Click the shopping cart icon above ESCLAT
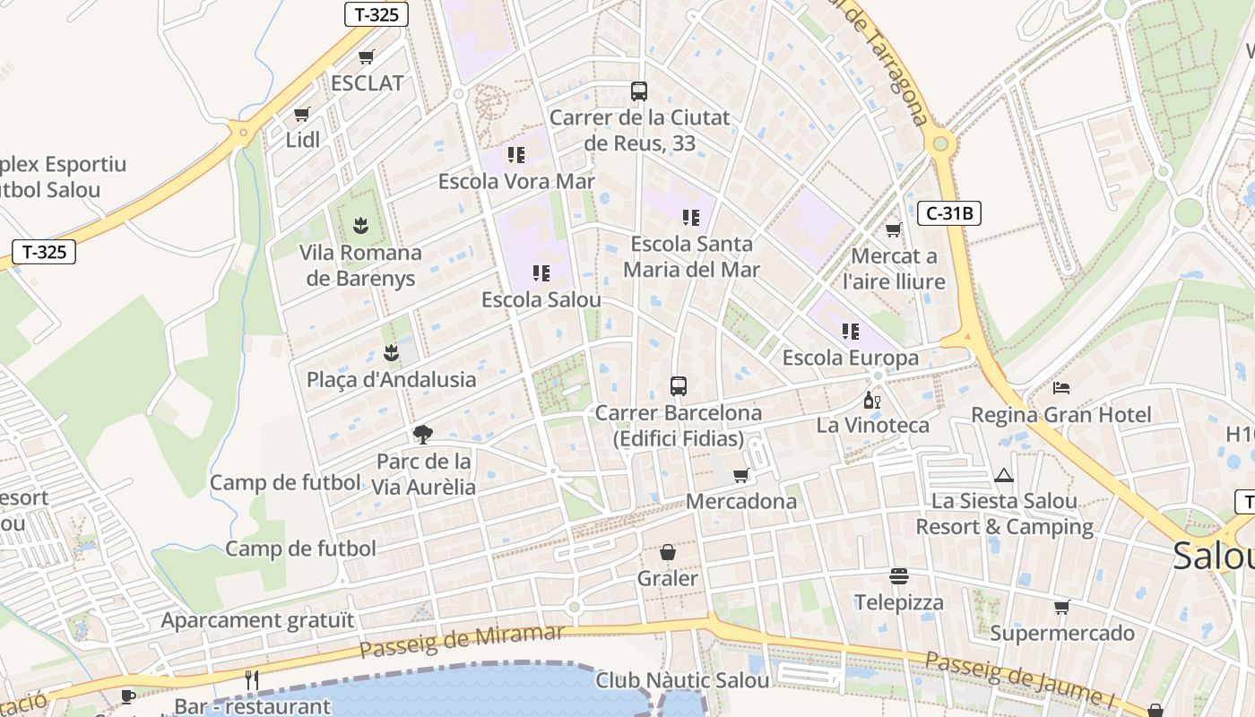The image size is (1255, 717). [366, 57]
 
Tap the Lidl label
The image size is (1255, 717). [302, 140]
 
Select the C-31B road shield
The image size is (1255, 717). [949, 213]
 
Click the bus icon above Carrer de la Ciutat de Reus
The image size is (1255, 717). [638, 91]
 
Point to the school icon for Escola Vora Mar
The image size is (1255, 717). [515, 155]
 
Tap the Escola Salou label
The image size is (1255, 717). [541, 299]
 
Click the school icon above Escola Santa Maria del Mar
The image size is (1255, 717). [690, 218]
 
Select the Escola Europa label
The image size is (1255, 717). [850, 358]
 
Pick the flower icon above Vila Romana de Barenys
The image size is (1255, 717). [360, 224]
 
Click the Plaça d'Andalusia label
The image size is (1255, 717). [391, 379]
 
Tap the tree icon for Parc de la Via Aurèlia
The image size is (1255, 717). [423, 436]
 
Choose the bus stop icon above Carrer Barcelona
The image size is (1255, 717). [679, 386]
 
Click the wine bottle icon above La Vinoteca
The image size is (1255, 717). [871, 400]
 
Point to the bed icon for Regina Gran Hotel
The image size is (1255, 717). [1061, 388]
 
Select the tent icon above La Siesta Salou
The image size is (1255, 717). [1003, 475]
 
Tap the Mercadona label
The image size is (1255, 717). [740, 501]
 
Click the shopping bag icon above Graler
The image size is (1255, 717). [667, 552]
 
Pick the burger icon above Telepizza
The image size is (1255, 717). [898, 575]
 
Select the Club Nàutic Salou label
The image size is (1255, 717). [682, 680]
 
